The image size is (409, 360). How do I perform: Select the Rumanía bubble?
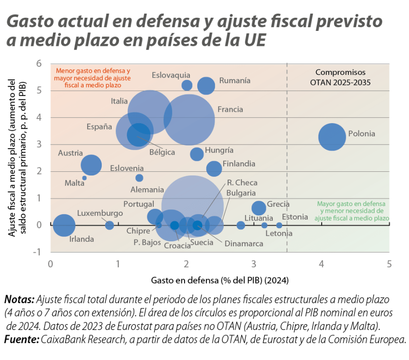click(206, 85)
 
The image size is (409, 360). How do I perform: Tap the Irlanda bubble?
click(64, 225)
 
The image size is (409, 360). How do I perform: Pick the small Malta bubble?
click(85, 178)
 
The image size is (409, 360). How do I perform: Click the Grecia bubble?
click(259, 208)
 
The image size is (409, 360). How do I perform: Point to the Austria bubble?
click(91, 165)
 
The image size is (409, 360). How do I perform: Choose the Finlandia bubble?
click(214, 169)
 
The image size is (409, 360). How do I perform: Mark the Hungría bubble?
click(197, 154)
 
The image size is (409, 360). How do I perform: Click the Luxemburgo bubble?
click(110, 225)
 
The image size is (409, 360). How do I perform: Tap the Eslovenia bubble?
click(140, 178)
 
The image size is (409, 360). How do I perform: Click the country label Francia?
click(230, 110)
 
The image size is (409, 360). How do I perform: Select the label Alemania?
click(147, 190)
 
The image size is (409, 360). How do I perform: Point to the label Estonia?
click(295, 217)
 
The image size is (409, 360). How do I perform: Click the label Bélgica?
click(162, 152)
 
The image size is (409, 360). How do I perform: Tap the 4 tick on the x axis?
click(322, 264)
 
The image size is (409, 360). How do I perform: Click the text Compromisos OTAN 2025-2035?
click(340, 77)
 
